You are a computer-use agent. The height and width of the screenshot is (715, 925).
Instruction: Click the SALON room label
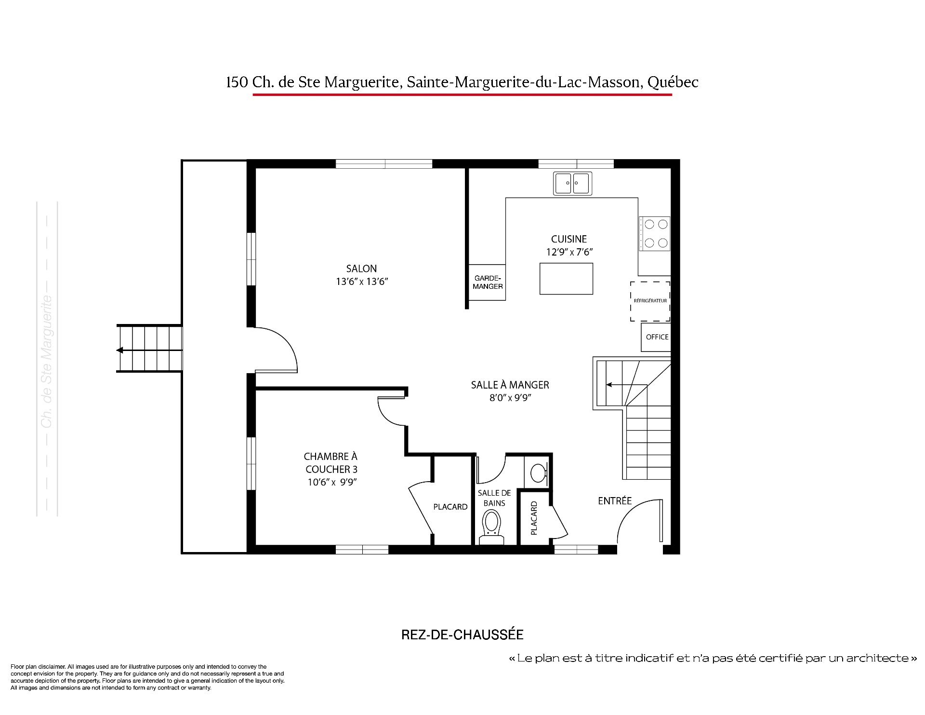pyautogui.click(x=361, y=269)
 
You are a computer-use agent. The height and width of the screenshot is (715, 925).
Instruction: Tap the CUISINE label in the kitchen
pyautogui.click(x=569, y=239)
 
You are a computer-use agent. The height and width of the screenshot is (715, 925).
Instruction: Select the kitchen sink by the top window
pyautogui.click(x=573, y=183)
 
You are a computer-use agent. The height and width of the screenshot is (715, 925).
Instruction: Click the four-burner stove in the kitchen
pyautogui.click(x=655, y=233)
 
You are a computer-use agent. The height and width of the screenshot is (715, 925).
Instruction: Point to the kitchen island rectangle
pyautogui.click(x=566, y=278)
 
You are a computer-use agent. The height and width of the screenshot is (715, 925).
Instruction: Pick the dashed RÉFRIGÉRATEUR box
pyautogui.click(x=650, y=301)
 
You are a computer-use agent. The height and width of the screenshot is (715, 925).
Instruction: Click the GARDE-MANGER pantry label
pyautogui.click(x=488, y=282)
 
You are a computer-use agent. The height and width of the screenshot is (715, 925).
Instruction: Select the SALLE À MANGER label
pyautogui.click(x=510, y=385)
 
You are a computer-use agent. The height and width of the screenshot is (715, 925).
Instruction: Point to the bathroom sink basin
pyautogui.click(x=538, y=472)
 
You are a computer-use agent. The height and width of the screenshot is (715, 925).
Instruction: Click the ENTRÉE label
pyautogui.click(x=615, y=501)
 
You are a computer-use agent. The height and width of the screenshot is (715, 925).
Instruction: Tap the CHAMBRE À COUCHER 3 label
pyautogui.click(x=331, y=463)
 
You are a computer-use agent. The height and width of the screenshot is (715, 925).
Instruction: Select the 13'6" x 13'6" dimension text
pyautogui.click(x=362, y=282)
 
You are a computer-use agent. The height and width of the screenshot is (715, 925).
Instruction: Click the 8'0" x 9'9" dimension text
pyautogui.click(x=510, y=398)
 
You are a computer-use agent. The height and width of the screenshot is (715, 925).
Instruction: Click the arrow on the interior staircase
pyautogui.click(x=627, y=385)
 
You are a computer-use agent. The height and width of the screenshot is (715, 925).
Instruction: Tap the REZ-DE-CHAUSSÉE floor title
pyautogui.click(x=462, y=634)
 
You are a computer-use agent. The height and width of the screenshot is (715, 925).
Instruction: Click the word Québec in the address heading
pyautogui.click(x=673, y=82)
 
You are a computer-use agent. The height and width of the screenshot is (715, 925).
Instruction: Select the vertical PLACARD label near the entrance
pyautogui.click(x=534, y=518)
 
